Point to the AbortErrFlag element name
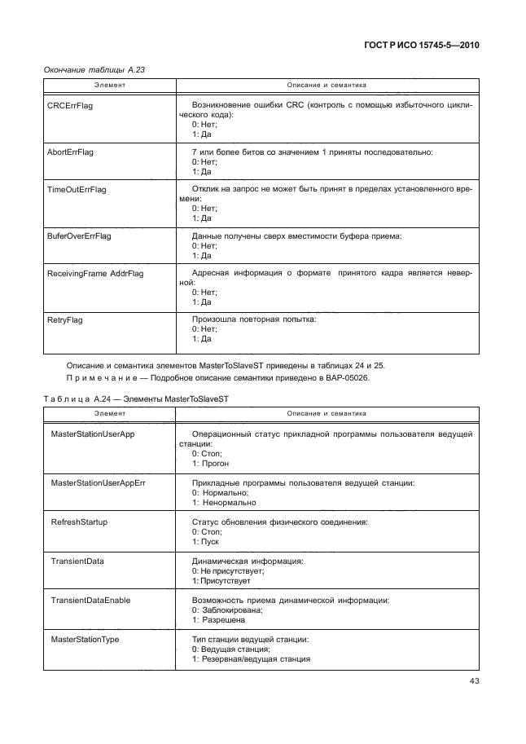[x=72, y=152]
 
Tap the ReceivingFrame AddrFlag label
[x=95, y=273]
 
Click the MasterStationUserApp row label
[x=92, y=434]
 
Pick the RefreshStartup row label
[x=79, y=522]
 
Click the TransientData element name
[x=77, y=561]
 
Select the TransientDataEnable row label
[x=90, y=600]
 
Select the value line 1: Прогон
[x=210, y=464]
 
